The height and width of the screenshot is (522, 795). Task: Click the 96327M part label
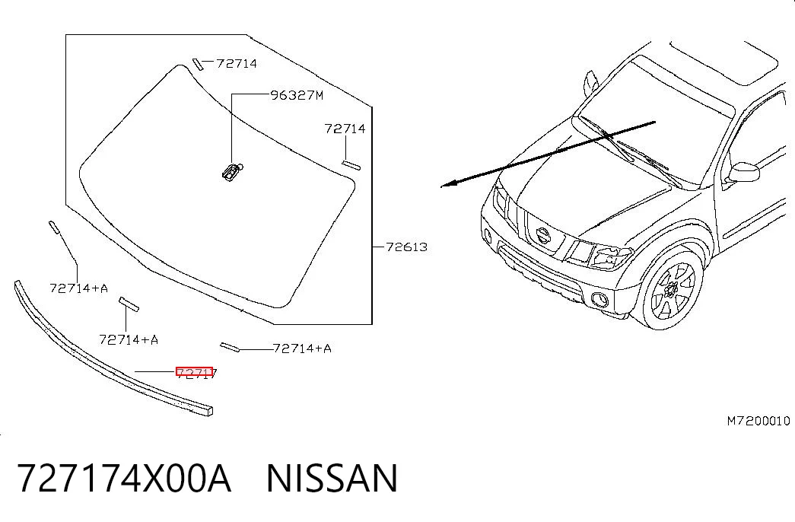[x=297, y=95]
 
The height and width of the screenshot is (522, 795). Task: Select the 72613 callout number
[x=406, y=247]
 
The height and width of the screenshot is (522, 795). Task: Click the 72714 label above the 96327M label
[x=237, y=63]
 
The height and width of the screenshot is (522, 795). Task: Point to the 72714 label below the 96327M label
[x=345, y=129]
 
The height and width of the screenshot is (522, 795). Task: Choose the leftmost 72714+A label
[x=79, y=288]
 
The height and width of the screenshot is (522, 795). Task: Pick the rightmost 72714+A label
[x=302, y=348]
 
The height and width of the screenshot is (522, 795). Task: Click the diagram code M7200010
[x=758, y=421]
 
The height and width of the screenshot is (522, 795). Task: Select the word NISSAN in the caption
[x=332, y=478]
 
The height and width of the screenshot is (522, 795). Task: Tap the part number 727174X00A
[x=125, y=478]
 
